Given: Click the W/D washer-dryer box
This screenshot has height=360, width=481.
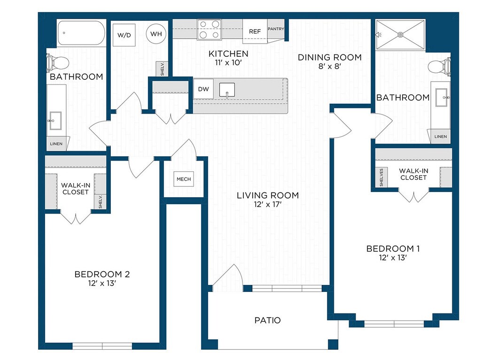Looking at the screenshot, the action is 124,35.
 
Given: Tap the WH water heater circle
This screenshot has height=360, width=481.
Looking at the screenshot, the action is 156,34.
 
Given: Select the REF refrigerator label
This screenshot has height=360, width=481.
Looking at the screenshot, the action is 255,31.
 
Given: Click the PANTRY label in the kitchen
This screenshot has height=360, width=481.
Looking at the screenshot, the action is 276,29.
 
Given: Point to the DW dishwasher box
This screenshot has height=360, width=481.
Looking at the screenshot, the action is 203,89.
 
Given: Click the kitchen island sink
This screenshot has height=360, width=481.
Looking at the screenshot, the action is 227,90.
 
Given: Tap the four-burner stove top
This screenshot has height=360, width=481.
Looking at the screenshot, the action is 209,30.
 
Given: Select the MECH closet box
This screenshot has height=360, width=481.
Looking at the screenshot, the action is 184,179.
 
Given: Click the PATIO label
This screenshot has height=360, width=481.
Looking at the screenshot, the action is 267,321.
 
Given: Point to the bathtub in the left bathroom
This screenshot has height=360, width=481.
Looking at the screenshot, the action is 81,33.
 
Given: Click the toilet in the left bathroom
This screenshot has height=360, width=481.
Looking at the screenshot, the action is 58,63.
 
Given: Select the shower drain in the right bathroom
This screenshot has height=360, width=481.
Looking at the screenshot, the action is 400,35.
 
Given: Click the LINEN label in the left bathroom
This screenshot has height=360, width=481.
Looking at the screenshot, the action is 56,144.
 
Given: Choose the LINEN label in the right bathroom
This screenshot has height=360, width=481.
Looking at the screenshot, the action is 441,137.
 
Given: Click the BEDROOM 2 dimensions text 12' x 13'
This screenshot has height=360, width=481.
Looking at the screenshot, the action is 102,283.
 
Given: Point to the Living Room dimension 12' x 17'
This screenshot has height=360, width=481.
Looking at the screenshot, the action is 267,205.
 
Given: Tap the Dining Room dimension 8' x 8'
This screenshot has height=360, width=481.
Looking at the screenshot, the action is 330,66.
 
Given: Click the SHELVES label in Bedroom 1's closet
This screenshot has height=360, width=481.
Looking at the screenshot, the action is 381,177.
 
